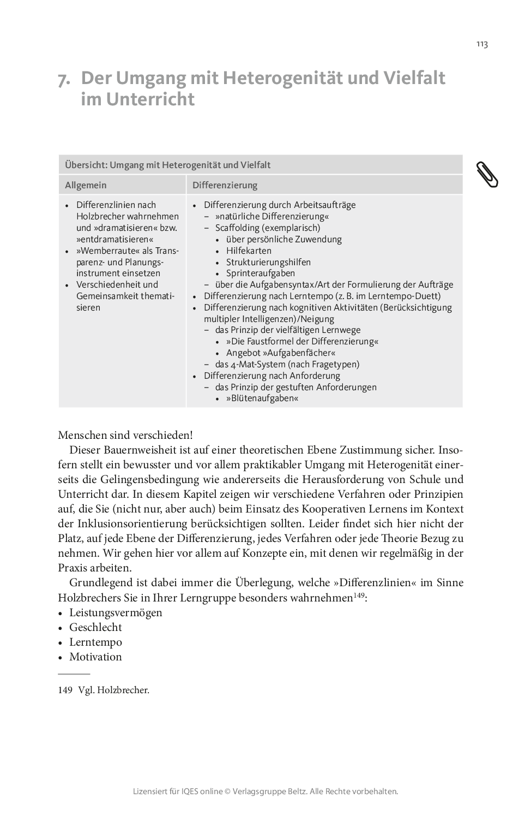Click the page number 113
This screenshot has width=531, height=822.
pos(481,44)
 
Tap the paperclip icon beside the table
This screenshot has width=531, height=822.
pos(487,175)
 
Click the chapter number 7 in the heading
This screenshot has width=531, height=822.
pos(64,80)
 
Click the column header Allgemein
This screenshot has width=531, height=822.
pos(86,185)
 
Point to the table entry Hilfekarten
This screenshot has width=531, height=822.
pos(249,251)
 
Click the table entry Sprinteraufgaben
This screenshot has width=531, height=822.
pos(261,273)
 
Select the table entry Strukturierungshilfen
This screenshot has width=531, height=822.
pos(268,262)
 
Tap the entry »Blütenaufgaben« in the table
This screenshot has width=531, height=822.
pos(262,398)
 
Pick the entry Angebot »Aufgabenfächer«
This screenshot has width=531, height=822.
pos(281,353)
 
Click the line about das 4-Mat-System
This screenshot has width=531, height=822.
pos(287,365)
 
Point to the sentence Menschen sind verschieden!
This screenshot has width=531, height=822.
pos(125,436)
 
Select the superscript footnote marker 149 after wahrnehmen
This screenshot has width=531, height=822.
pos(359,595)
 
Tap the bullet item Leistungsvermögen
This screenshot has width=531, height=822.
pos(116,612)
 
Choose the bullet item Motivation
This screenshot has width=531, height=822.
pos(95,657)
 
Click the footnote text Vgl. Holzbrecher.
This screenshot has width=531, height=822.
pos(113,690)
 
